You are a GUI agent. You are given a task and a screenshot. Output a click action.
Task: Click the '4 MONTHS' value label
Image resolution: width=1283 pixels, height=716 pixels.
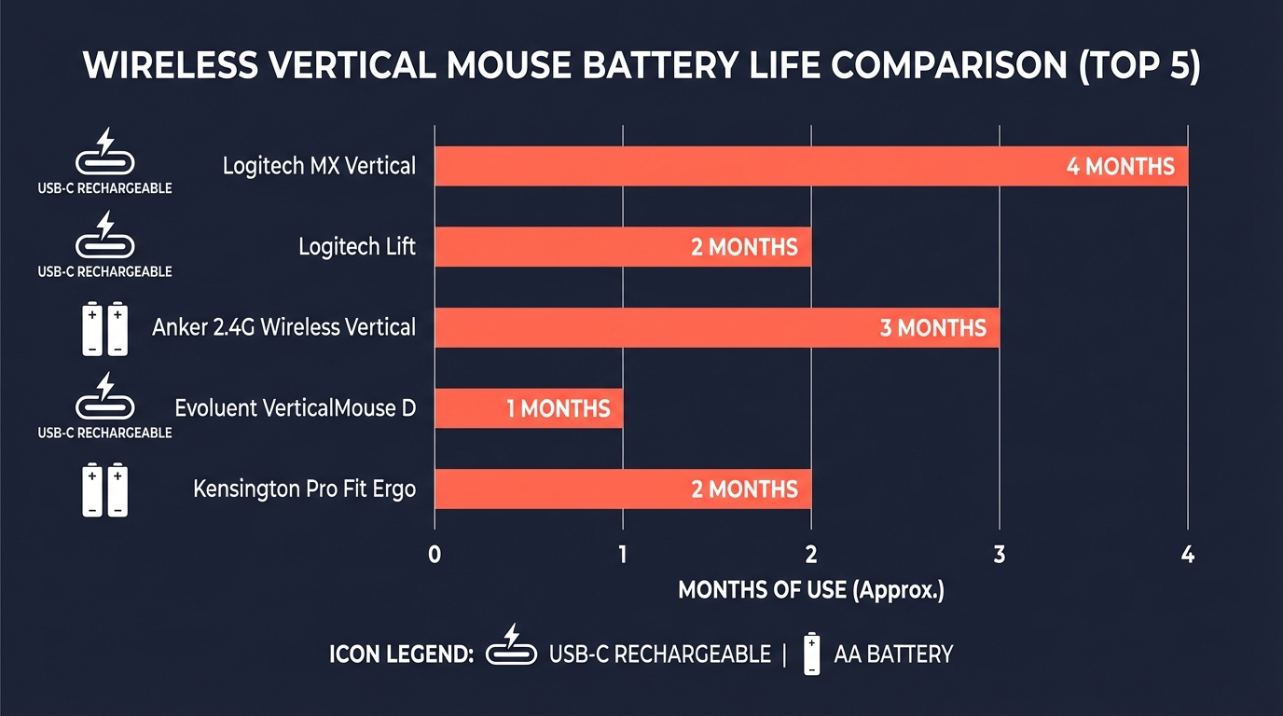point(1120,167)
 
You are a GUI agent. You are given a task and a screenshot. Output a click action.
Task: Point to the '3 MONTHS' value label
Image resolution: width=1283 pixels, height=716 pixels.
point(932,328)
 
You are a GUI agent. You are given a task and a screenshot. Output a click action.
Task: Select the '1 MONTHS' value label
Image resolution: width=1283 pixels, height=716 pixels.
point(558,408)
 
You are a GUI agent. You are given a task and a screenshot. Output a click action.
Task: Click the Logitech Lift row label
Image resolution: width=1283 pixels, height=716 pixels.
point(357,247)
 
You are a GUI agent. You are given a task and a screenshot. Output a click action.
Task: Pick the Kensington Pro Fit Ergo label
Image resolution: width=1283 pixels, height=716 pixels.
point(304,489)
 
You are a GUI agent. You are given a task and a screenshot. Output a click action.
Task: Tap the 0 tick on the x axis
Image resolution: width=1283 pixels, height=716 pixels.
point(435,555)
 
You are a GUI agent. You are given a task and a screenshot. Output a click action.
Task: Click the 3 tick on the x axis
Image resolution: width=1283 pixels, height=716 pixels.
point(1000,555)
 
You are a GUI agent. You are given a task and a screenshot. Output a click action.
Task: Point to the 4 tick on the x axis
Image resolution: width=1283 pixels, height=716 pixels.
point(1187,555)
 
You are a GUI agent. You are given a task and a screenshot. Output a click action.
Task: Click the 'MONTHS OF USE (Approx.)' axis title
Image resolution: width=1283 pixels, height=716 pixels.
point(810,590)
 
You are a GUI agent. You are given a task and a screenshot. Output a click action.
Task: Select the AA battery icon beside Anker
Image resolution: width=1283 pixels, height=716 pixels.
point(103,328)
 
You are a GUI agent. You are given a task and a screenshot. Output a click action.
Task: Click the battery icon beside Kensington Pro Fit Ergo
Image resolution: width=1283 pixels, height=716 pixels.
point(103,489)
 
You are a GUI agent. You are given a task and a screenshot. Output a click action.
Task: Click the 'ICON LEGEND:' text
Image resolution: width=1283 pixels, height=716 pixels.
point(402,654)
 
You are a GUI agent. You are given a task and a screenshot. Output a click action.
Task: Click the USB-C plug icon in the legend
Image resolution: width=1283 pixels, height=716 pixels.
point(512,646)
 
